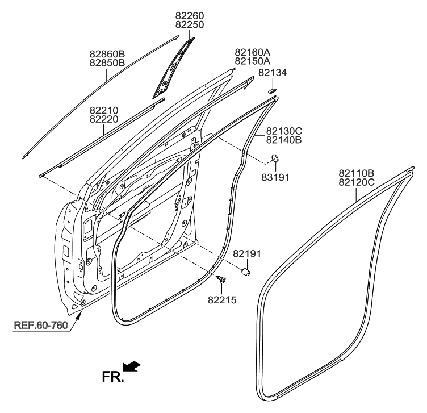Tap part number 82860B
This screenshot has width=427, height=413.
107,54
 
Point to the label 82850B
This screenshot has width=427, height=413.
107,63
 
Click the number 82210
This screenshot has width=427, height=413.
103,110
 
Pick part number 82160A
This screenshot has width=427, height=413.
252,52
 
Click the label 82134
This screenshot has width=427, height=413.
273,73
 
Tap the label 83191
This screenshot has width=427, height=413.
276,177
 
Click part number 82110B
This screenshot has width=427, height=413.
357,173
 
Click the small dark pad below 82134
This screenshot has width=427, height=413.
272,89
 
